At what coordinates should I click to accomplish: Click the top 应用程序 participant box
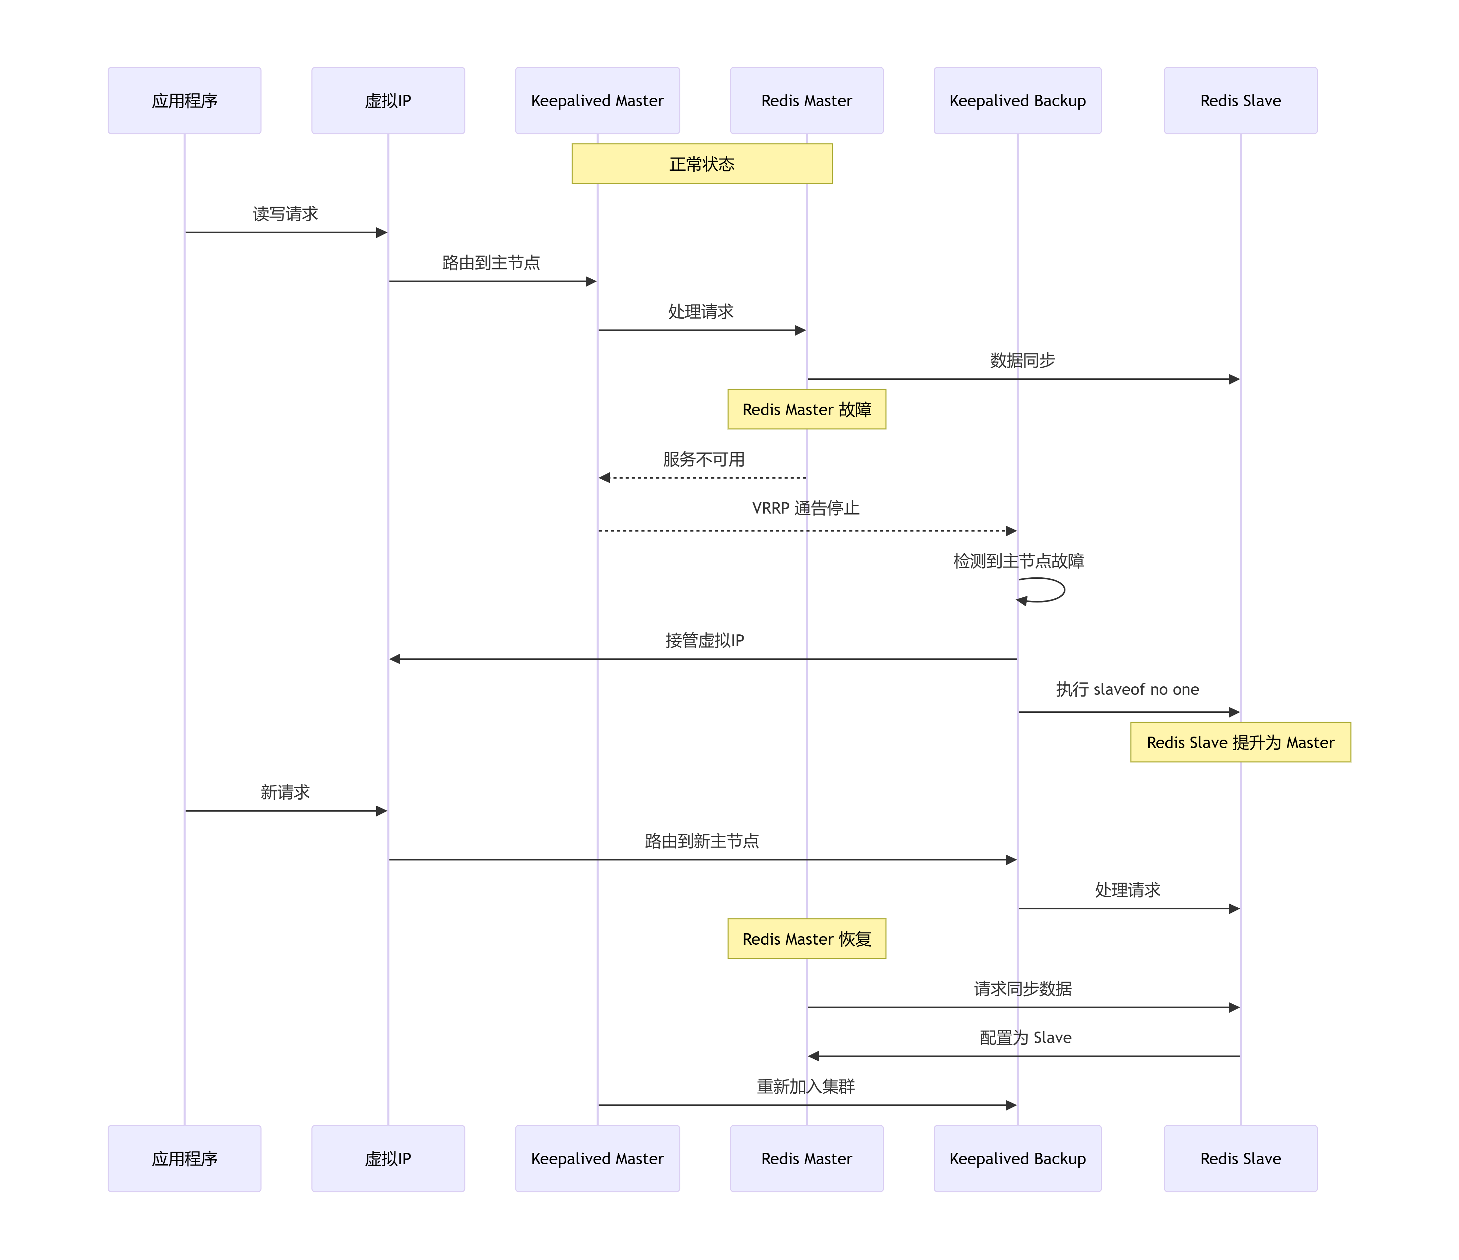pos(184,101)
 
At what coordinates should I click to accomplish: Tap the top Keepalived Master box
pos(597,101)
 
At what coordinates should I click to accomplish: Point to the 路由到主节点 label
pos(491,263)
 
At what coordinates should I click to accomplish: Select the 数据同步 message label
pos(1022,360)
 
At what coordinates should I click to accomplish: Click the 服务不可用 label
pos(704,460)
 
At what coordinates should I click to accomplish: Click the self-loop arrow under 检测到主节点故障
pos(1049,590)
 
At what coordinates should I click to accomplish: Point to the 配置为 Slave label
pos(1025,1038)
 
